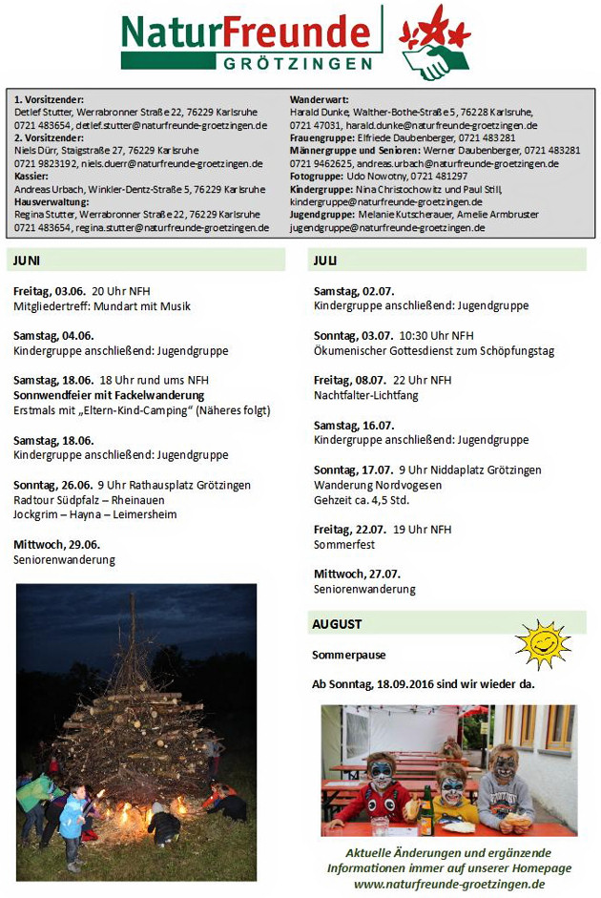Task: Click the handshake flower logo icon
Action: tap(435, 42)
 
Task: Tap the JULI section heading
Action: tap(325, 260)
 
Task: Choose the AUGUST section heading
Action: tap(337, 624)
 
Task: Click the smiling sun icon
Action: tap(541, 645)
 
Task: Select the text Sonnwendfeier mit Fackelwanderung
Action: tap(109, 395)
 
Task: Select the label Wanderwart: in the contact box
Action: tap(319, 99)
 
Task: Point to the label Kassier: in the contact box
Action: tap(32, 177)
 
